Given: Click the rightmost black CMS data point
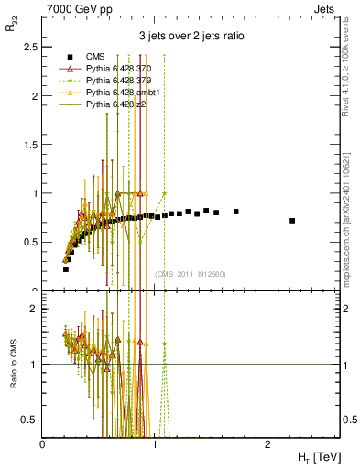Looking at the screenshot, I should [x=292, y=221].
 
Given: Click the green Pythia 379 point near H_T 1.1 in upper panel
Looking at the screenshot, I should [x=164, y=193].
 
